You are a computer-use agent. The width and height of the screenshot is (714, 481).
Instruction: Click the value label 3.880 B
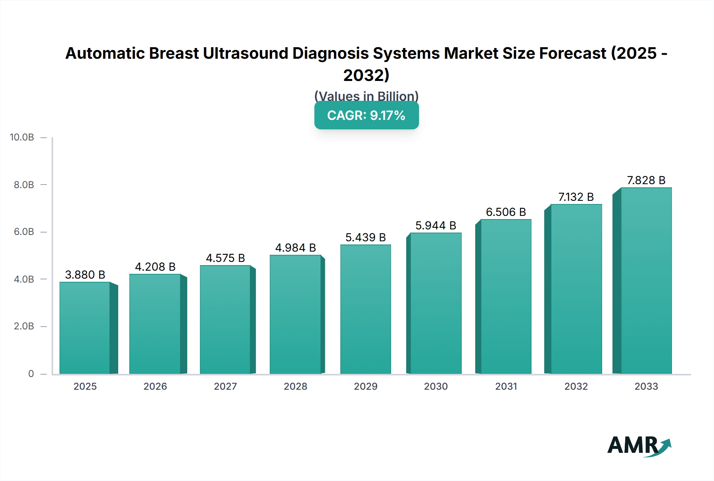85,275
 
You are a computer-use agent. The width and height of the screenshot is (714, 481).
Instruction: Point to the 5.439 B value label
365,237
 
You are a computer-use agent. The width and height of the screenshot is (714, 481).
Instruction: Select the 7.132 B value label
576,197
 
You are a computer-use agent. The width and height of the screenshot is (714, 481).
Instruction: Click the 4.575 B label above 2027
225,258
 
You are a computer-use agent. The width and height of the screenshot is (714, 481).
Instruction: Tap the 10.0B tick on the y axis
22,137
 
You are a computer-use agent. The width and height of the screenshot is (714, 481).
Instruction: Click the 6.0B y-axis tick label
24,232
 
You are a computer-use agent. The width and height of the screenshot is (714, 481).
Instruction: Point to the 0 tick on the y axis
31,373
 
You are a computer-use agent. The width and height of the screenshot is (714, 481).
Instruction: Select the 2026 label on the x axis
155,386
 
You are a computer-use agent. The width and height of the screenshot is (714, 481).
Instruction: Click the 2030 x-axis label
436,386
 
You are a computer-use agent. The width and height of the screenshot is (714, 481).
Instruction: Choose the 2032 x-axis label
576,386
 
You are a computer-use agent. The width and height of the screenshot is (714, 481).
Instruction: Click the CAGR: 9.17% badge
366,115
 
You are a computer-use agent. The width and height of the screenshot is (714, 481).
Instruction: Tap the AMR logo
639,446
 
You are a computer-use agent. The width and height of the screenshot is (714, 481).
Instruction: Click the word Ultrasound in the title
246,53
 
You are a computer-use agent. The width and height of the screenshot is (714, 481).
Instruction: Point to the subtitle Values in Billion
366,96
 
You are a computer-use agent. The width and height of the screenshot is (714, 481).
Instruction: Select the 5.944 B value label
436,225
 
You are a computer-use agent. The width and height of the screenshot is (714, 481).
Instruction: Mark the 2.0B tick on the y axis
24,326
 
